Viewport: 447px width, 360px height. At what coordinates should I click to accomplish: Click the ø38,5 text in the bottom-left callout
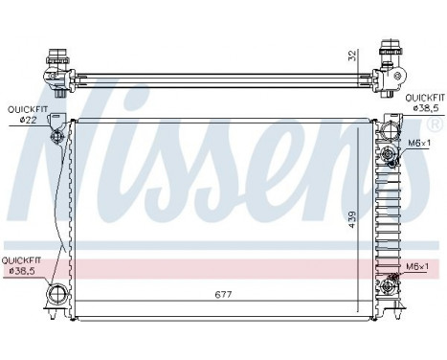(x=21, y=271)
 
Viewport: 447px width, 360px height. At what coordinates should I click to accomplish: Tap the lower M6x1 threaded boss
(x=392, y=281)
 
